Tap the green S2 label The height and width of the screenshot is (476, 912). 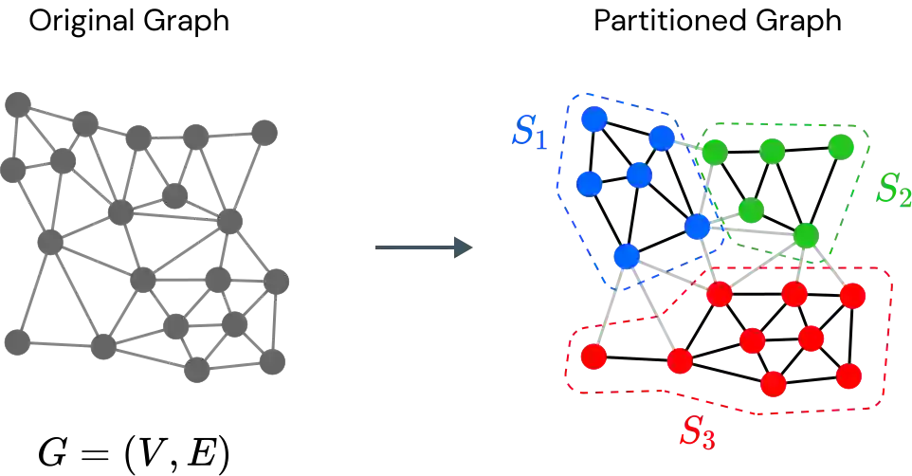click(892, 190)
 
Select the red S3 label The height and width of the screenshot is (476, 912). click(697, 432)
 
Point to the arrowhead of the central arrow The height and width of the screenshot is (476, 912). click(463, 247)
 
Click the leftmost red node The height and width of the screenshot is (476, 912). click(593, 357)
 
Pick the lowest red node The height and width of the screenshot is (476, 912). click(774, 384)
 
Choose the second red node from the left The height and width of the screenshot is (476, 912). click(679, 361)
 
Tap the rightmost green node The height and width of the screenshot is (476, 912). click(840, 146)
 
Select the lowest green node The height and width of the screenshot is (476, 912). click(806, 234)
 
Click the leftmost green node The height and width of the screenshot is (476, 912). click(714, 151)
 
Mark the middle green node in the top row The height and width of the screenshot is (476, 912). click(773, 150)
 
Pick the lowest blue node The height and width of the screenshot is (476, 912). click(625, 255)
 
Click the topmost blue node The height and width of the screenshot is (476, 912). click(593, 119)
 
